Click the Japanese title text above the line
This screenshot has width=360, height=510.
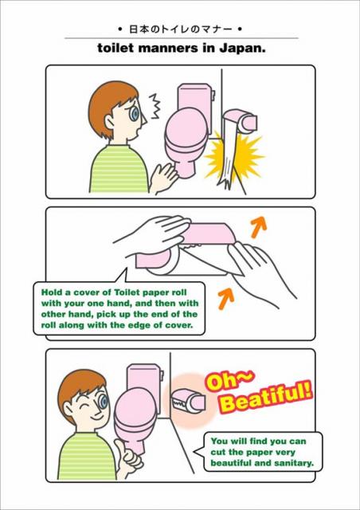tap(181, 29)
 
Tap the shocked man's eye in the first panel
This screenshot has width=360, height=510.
tap(134, 112)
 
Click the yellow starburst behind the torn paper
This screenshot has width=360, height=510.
tap(233, 155)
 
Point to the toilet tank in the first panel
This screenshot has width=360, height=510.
tap(194, 97)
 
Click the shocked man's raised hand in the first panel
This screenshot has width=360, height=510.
tap(164, 177)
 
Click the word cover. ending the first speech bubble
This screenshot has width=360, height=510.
tap(180, 325)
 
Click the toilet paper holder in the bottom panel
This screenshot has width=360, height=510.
tap(188, 400)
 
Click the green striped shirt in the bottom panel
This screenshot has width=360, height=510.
tap(87, 456)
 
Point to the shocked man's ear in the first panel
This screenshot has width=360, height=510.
tap(109, 122)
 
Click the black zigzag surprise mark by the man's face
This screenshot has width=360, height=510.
tap(155, 106)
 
